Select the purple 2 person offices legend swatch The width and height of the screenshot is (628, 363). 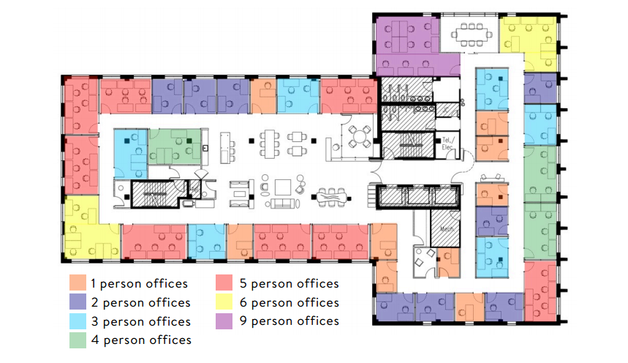coord(77,302)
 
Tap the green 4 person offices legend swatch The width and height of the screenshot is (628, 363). coord(77,340)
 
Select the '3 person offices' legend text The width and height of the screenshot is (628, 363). coord(140,321)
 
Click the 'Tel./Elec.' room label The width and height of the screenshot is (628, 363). coord(448,144)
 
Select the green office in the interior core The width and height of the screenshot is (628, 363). coord(175,146)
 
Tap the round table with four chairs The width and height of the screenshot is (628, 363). coord(359,135)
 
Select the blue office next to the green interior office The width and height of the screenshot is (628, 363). coord(130,152)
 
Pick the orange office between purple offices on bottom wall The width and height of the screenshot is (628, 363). coord(469,307)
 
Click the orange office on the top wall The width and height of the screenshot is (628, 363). coord(262,96)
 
